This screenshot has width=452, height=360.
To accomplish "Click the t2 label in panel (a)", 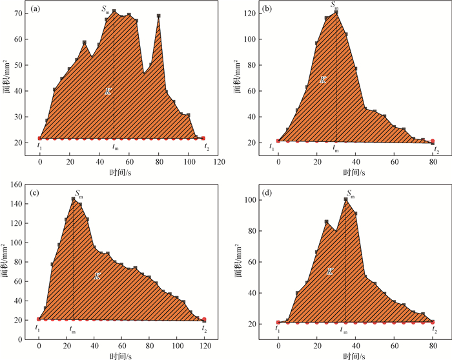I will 207,147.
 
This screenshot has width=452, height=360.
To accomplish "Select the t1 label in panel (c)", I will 39,328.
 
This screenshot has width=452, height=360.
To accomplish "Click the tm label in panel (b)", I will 335,148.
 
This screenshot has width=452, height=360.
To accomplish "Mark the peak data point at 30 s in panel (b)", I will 336,12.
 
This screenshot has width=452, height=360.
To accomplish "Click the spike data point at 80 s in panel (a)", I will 159,16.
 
